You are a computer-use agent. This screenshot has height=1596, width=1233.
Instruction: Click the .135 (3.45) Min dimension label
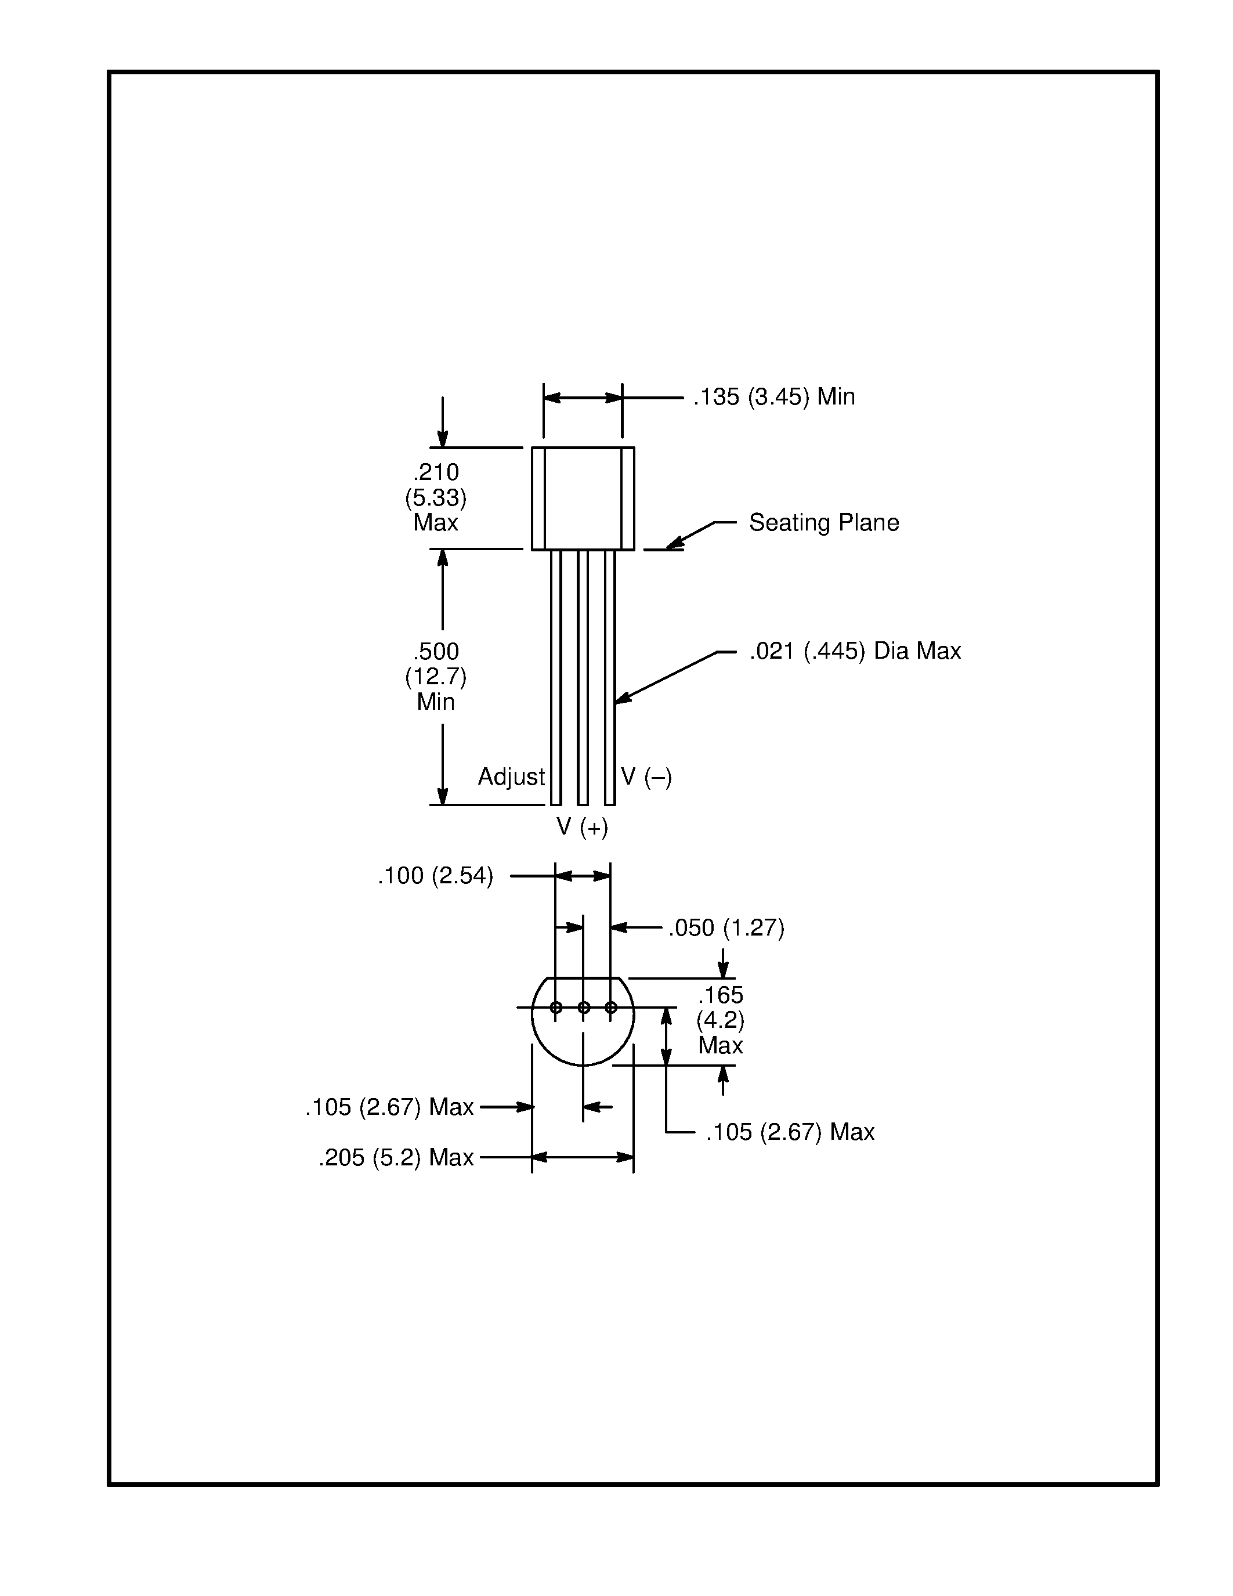(x=773, y=397)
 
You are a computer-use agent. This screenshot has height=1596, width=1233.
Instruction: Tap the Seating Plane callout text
(x=823, y=522)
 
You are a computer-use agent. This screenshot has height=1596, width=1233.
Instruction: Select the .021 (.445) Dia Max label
(x=855, y=651)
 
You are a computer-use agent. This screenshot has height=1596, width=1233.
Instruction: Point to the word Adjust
(x=511, y=776)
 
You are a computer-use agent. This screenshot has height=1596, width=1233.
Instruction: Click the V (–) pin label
(x=646, y=776)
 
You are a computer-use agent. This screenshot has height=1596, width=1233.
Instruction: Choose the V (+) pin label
(x=582, y=826)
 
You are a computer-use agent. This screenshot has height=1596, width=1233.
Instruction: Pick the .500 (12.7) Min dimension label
(x=436, y=676)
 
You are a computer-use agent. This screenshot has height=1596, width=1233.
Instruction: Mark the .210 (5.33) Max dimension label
(x=436, y=497)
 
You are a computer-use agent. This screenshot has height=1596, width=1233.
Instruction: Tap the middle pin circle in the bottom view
(x=584, y=1008)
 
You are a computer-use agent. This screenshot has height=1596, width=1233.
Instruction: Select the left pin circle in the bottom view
(x=556, y=1008)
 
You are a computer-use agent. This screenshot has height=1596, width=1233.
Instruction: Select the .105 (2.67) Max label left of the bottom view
(x=389, y=1107)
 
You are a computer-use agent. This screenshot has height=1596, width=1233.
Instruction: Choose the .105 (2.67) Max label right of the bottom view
(x=790, y=1132)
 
